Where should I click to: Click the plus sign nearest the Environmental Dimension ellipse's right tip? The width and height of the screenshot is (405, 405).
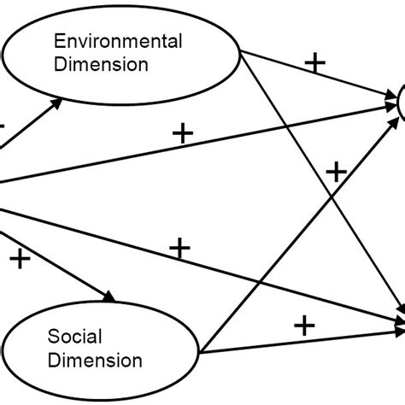pyautogui.click(x=316, y=62)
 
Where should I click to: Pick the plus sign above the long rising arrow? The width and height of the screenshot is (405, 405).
pyautogui.click(x=182, y=132)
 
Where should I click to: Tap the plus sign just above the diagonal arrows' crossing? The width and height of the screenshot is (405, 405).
pyautogui.click(x=335, y=173)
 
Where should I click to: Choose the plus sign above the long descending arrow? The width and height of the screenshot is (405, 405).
pyautogui.click(x=179, y=249)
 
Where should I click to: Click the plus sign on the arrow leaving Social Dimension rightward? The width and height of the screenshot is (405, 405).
pyautogui.click(x=303, y=325)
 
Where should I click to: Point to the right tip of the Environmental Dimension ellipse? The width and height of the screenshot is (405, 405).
pyautogui.click(x=245, y=53)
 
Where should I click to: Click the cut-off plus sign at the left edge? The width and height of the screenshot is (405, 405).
pyautogui.click(x=3, y=126)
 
